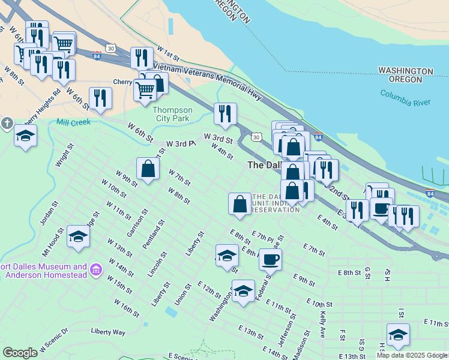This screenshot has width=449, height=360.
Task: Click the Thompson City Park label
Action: [172, 115]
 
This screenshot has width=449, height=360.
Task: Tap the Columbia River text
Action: [405, 98]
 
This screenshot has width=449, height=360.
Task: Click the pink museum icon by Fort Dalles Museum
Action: [95, 271]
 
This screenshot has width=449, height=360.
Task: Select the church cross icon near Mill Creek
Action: [7, 124]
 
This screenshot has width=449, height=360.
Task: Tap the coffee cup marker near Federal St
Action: [270, 259]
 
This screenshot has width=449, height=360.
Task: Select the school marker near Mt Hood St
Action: [79, 237]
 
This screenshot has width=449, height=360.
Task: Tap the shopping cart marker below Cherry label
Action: [145, 91]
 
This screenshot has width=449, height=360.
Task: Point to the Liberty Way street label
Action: [108, 331]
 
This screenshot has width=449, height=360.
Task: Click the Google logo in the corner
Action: [20, 353]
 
